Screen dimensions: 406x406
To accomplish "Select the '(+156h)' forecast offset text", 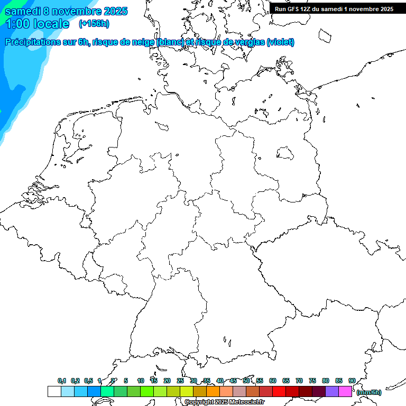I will [94, 24].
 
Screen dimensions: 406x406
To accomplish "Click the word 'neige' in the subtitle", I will [142, 42].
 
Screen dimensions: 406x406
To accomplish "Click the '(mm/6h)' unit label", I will [368, 392].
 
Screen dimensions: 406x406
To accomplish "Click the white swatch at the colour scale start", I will [54, 392].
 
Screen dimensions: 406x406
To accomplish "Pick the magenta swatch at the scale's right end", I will [345, 392].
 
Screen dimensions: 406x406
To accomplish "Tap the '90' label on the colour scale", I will [352, 381].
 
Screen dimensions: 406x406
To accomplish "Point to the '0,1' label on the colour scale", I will [62, 381].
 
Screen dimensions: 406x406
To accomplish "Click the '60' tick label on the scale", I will [273, 381].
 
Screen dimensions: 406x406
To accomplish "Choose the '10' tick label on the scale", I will [141, 381].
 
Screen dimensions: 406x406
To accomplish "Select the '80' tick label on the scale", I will [326, 381].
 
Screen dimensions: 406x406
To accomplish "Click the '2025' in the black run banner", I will [386, 9].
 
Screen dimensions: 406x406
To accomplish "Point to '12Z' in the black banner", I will [307, 9].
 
